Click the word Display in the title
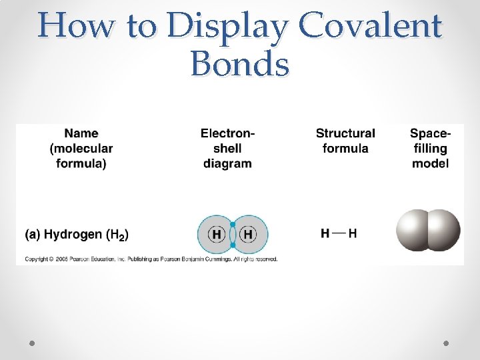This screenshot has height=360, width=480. [227, 27]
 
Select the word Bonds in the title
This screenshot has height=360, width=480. [240, 65]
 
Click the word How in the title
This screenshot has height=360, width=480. [68, 27]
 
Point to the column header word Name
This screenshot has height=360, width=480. [81, 133]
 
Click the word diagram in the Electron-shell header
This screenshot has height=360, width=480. [227, 163]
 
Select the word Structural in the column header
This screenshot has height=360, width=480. [345, 133]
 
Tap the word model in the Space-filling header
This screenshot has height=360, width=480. [430, 163]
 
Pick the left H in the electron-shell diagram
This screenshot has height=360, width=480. [217, 235]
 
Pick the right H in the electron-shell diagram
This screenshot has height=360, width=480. [248, 235]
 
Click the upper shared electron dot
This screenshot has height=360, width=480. [233, 224]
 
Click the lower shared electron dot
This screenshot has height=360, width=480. [233, 245]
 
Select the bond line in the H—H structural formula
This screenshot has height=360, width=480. [339, 233]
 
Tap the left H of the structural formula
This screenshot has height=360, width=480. [325, 233]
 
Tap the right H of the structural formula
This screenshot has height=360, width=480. [353, 233]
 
